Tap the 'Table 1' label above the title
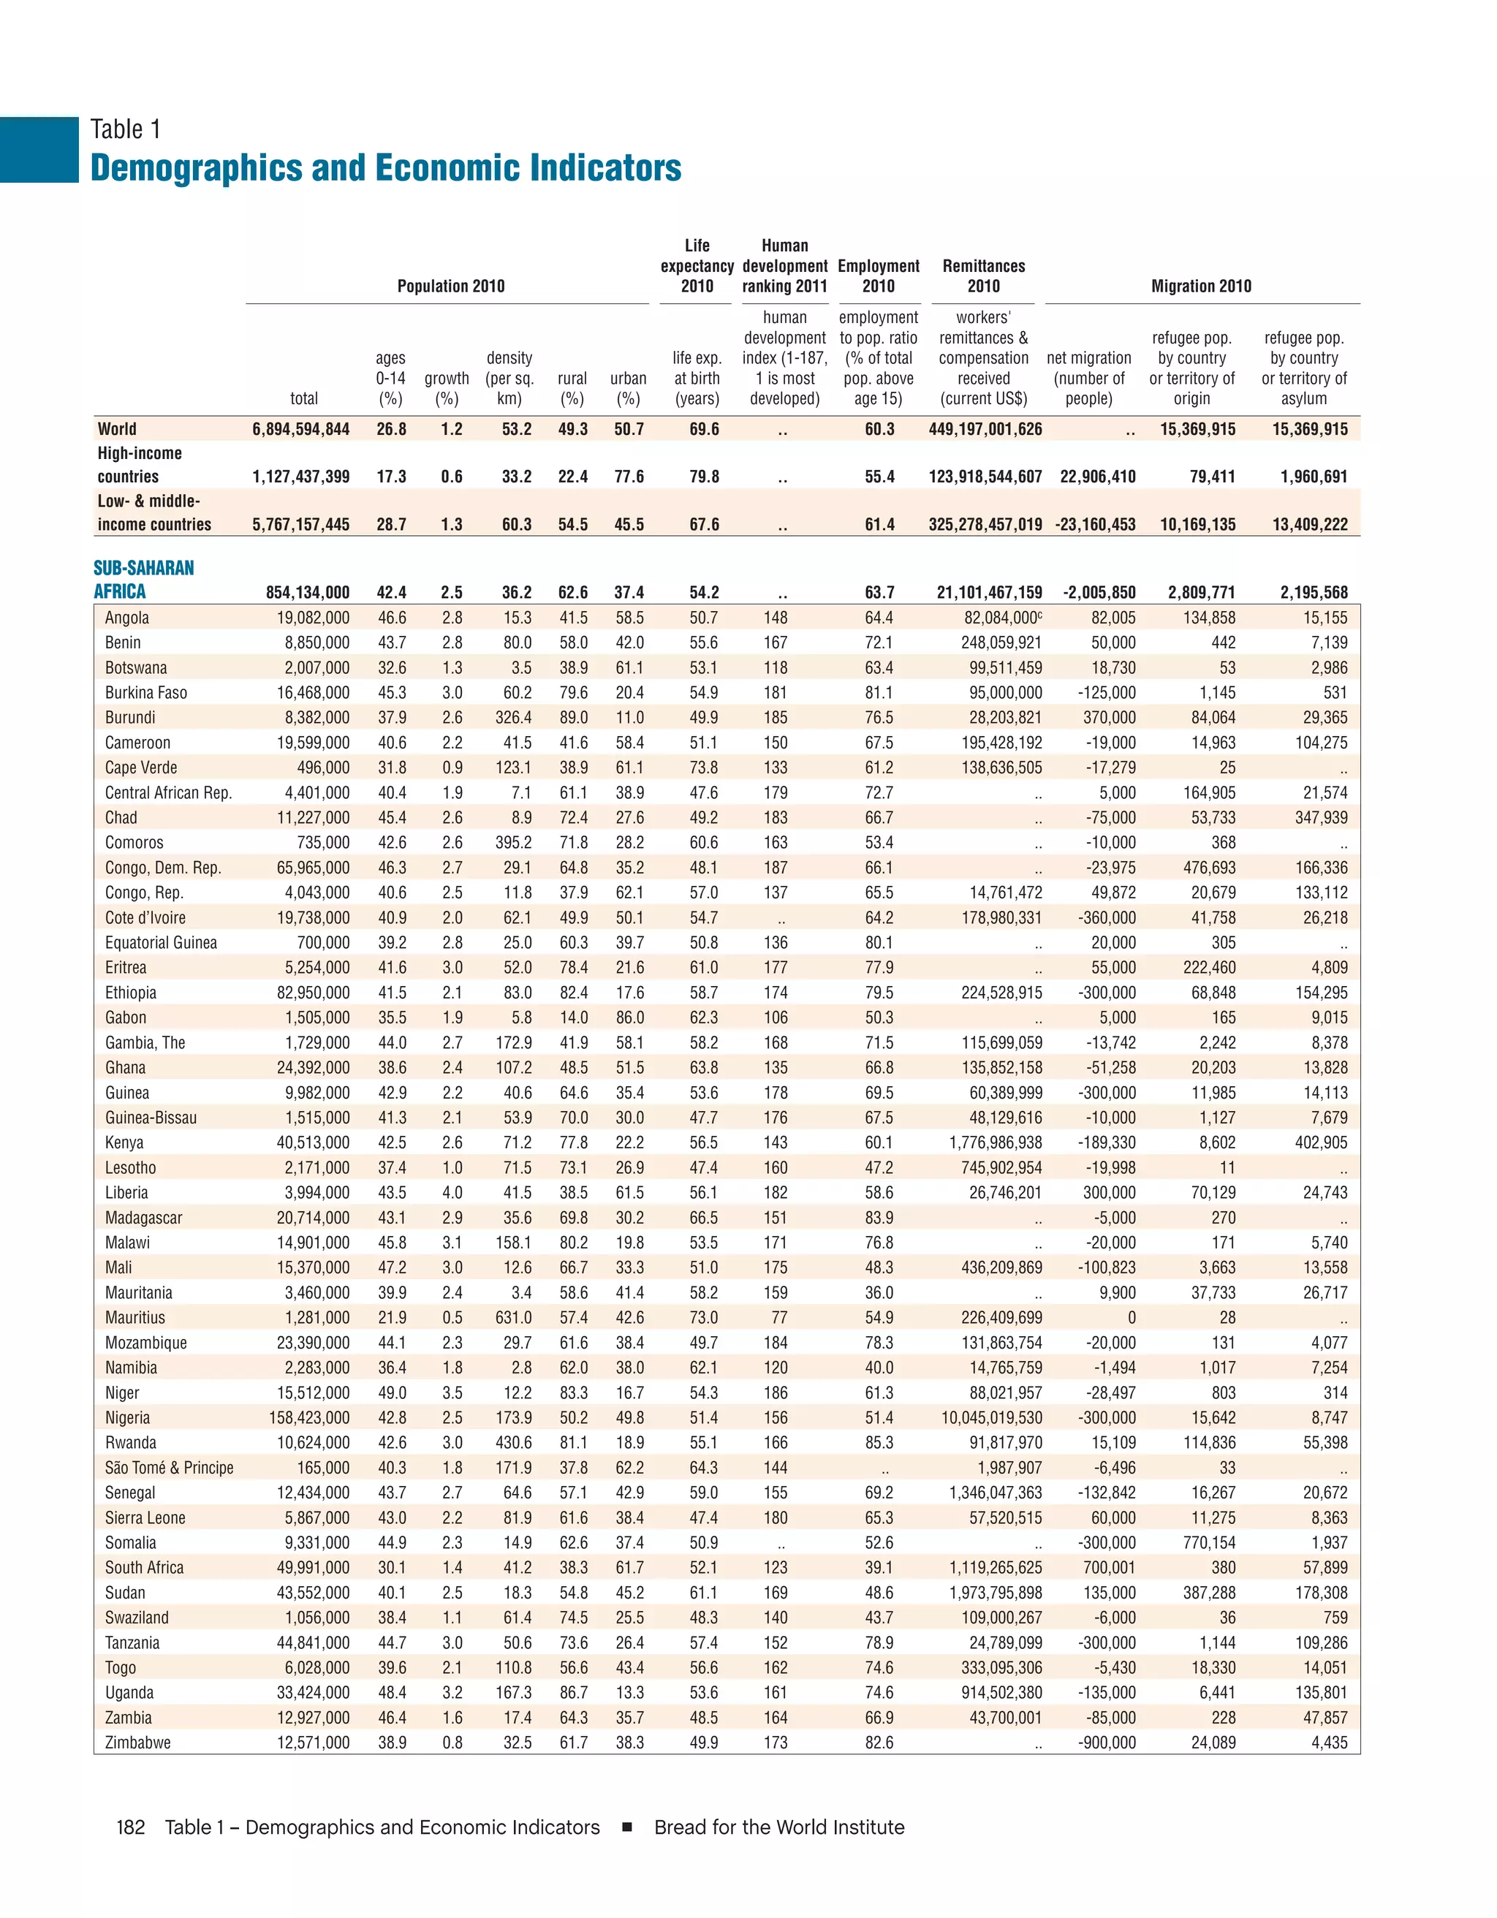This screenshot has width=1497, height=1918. [126, 129]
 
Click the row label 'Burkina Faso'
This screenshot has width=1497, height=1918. [145, 692]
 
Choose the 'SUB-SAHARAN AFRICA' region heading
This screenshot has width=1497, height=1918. [143, 580]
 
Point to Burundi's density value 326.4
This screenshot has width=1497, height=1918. [512, 718]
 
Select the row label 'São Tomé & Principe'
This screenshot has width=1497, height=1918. [169, 1468]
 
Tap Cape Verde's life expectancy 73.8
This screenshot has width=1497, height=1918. [703, 767]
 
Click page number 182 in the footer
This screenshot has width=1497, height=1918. [130, 1827]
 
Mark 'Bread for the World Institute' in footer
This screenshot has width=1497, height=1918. [778, 1827]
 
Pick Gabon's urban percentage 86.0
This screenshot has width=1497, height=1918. [629, 1017]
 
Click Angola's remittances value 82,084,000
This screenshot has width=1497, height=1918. [1000, 618]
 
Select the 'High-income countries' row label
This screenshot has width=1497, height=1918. [140, 465]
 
